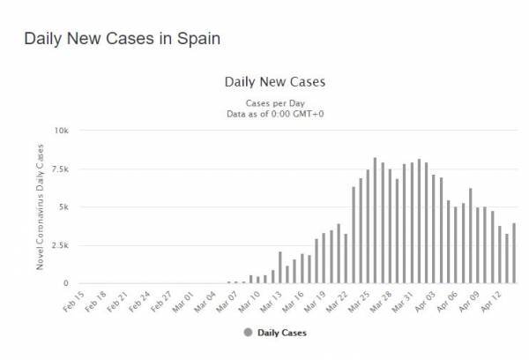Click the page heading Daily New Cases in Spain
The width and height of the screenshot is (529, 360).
[123, 40]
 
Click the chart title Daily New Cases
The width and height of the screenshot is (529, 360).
[276, 82]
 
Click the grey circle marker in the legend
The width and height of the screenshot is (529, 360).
[250, 334]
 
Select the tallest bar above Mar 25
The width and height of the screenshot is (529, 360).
[376, 221]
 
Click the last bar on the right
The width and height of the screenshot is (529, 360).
[514, 254]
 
